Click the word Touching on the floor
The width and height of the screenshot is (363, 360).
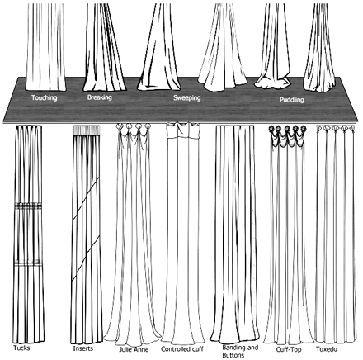[x=44, y=97]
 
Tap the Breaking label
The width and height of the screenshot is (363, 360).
[x=100, y=97]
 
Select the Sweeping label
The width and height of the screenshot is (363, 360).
[x=187, y=98]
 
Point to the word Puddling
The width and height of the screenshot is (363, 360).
[x=292, y=100]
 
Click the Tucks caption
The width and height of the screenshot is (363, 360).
[x=21, y=348]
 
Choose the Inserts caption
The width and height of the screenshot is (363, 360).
[x=83, y=348]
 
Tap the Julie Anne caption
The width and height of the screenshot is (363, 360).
[x=134, y=349]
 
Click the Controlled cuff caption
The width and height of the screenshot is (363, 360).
[x=182, y=349]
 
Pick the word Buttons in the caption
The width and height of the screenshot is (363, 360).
[x=233, y=355]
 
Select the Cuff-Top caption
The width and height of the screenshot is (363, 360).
[x=289, y=349]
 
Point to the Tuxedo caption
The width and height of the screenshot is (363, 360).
[x=327, y=349]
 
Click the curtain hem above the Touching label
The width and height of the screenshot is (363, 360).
[x=45, y=89]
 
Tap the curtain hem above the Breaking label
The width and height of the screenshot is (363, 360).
[x=105, y=89]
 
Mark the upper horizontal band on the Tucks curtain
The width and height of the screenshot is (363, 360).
[x=28, y=206]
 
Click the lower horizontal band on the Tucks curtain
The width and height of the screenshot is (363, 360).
[x=28, y=263]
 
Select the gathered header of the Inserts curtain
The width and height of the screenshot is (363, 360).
[x=87, y=130]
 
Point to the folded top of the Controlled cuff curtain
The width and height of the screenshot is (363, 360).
[x=183, y=130]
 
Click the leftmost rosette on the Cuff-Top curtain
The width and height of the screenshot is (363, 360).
[x=272, y=129]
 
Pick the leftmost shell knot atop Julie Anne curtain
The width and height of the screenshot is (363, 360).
[x=120, y=126]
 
